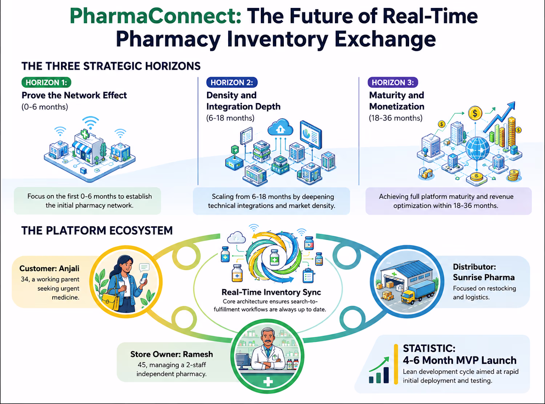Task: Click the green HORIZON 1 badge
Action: point(47,82)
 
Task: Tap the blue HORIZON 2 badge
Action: point(232,82)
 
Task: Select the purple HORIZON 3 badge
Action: point(393,82)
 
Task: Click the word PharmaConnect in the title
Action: point(155,16)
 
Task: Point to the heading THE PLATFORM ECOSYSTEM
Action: point(97,231)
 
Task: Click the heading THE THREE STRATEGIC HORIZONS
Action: point(111,66)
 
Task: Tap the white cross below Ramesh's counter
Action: point(267,381)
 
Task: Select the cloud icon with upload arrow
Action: point(280,127)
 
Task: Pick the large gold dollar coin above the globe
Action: point(475,113)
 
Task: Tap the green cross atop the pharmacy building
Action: point(85,134)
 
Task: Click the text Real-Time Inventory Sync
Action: point(271,292)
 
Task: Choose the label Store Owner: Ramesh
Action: point(171,354)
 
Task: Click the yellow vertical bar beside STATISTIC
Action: point(396,364)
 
